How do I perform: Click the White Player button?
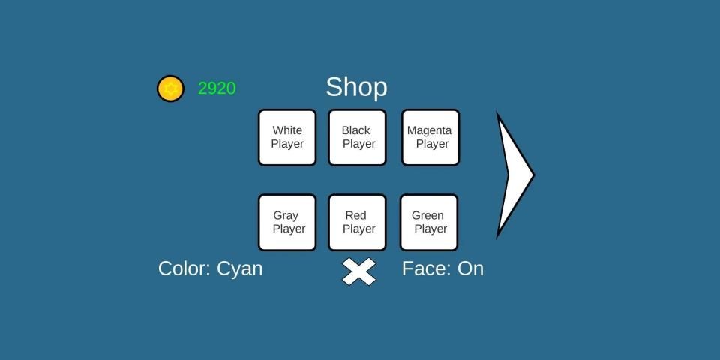tap(287, 137)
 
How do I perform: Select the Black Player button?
tap(357, 137)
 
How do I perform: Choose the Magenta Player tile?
tap(430, 137)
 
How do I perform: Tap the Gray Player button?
tap(287, 222)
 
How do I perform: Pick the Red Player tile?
tap(357, 222)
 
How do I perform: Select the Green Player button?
tap(429, 222)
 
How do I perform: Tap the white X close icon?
tap(358, 271)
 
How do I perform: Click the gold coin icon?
tap(170, 88)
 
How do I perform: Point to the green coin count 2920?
tap(217, 88)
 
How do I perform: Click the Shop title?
tap(356, 87)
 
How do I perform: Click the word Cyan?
tap(240, 268)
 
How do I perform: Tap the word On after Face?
tap(470, 268)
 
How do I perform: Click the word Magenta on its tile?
tap(430, 130)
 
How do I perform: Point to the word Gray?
tap(286, 215)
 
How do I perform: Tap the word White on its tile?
tap(287, 130)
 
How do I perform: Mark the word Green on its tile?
tap(427, 215)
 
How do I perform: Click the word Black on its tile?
tap(356, 130)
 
